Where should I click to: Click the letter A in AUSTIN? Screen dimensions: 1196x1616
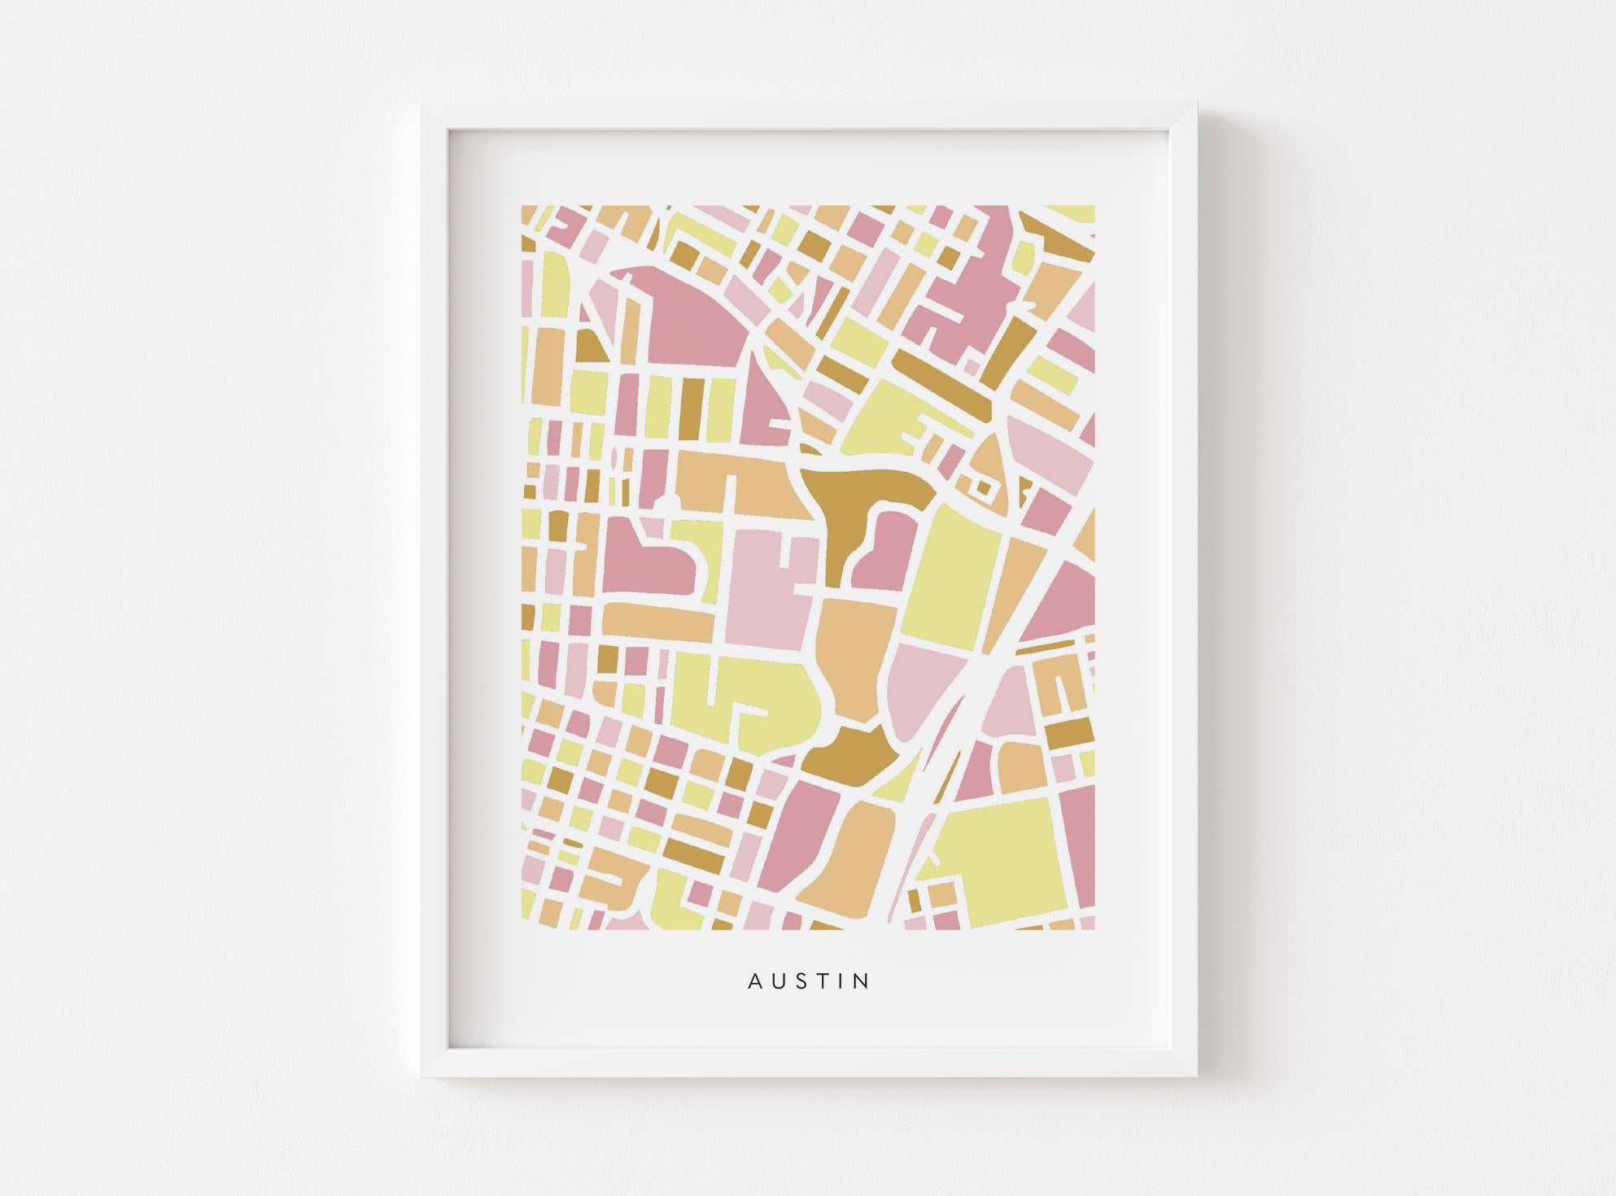pos(754,981)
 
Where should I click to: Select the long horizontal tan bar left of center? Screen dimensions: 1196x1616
pos(659,620)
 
